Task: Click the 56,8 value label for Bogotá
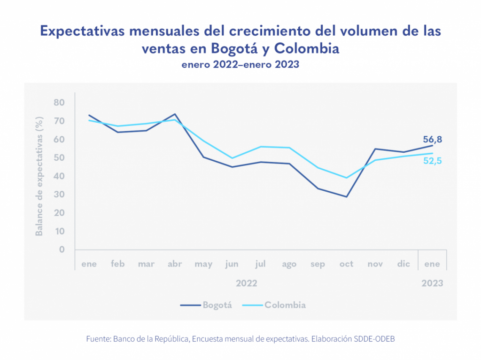(432, 140)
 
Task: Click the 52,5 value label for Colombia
(432, 161)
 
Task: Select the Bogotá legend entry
(207, 305)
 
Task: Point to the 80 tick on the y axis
(59, 102)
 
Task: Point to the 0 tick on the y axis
(62, 250)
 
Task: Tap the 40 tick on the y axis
(59, 176)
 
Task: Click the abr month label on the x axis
(175, 264)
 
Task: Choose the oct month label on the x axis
(346, 264)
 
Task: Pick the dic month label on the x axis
(403, 264)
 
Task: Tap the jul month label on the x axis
(260, 264)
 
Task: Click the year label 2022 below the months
(246, 283)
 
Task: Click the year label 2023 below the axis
(432, 283)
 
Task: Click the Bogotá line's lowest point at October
(347, 196)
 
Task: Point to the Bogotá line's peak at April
(175, 114)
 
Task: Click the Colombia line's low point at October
(347, 178)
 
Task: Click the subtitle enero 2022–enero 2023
(240, 65)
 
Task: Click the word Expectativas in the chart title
(81, 31)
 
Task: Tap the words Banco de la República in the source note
(151, 338)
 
